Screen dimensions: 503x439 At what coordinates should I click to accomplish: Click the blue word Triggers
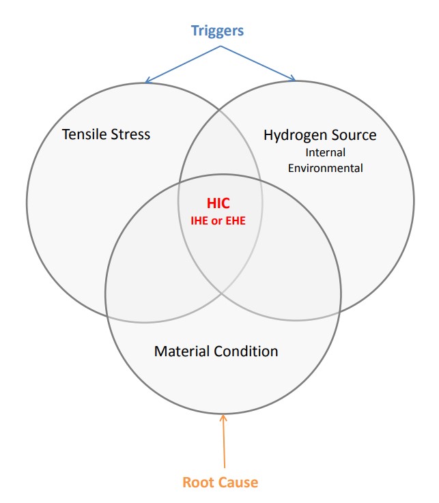pyautogui.click(x=217, y=31)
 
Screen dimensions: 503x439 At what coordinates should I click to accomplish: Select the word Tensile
pyautogui.click(x=85, y=134)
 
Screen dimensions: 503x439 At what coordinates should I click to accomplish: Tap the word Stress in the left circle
pyautogui.click(x=130, y=134)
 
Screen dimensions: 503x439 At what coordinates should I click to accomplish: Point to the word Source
pyautogui.click(x=352, y=135)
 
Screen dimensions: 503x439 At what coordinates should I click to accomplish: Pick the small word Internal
pyautogui.click(x=325, y=152)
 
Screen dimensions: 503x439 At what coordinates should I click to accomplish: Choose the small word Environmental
pyautogui.click(x=325, y=167)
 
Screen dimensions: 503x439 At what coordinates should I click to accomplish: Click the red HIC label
pyautogui.click(x=218, y=203)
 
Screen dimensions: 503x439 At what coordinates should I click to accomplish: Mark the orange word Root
pyautogui.click(x=199, y=483)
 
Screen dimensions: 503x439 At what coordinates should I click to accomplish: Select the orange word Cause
pyautogui.click(x=240, y=483)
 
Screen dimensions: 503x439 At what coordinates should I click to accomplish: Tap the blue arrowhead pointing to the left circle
pyautogui.click(x=147, y=81)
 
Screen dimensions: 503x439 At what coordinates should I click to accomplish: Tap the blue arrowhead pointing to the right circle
pyautogui.click(x=294, y=80)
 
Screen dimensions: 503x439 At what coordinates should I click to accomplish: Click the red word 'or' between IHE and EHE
pyautogui.click(x=219, y=220)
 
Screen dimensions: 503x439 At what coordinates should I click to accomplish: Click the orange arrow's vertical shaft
pyautogui.click(x=223, y=444)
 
